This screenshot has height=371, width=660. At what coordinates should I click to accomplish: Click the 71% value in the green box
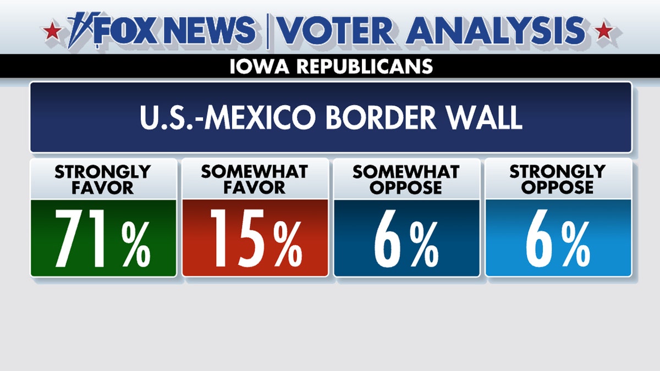coord(103,238)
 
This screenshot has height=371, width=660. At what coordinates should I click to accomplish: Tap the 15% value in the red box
coord(255,238)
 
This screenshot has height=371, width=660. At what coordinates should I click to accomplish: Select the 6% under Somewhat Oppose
coord(406,238)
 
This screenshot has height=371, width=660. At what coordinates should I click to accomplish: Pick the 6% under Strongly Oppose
coord(558,238)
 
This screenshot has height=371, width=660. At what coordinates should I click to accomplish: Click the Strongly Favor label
coord(103,179)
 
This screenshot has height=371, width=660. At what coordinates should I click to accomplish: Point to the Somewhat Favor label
coord(255,179)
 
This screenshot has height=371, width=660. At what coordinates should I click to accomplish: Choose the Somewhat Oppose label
coord(406,179)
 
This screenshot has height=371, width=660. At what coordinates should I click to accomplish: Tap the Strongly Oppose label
coord(558,179)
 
